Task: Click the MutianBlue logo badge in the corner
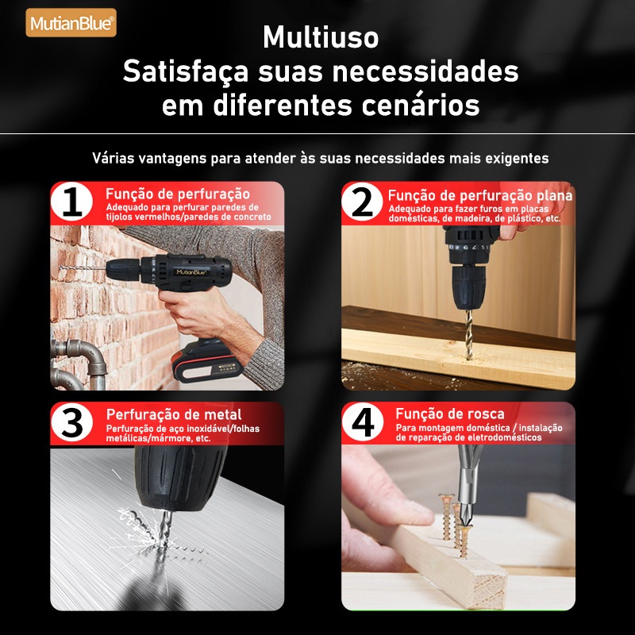(71, 23)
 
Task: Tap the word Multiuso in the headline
(321, 37)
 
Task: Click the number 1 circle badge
(72, 202)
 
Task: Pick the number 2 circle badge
(362, 202)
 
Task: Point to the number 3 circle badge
(72, 422)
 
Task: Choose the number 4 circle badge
(363, 422)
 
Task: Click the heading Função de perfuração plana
(480, 195)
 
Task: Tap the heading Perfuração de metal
(174, 414)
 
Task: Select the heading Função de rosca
(450, 414)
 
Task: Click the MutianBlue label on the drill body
(191, 271)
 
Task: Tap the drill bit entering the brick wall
(83, 268)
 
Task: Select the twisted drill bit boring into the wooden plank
(468, 334)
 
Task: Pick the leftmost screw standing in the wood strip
(446, 517)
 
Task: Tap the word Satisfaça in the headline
(186, 72)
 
